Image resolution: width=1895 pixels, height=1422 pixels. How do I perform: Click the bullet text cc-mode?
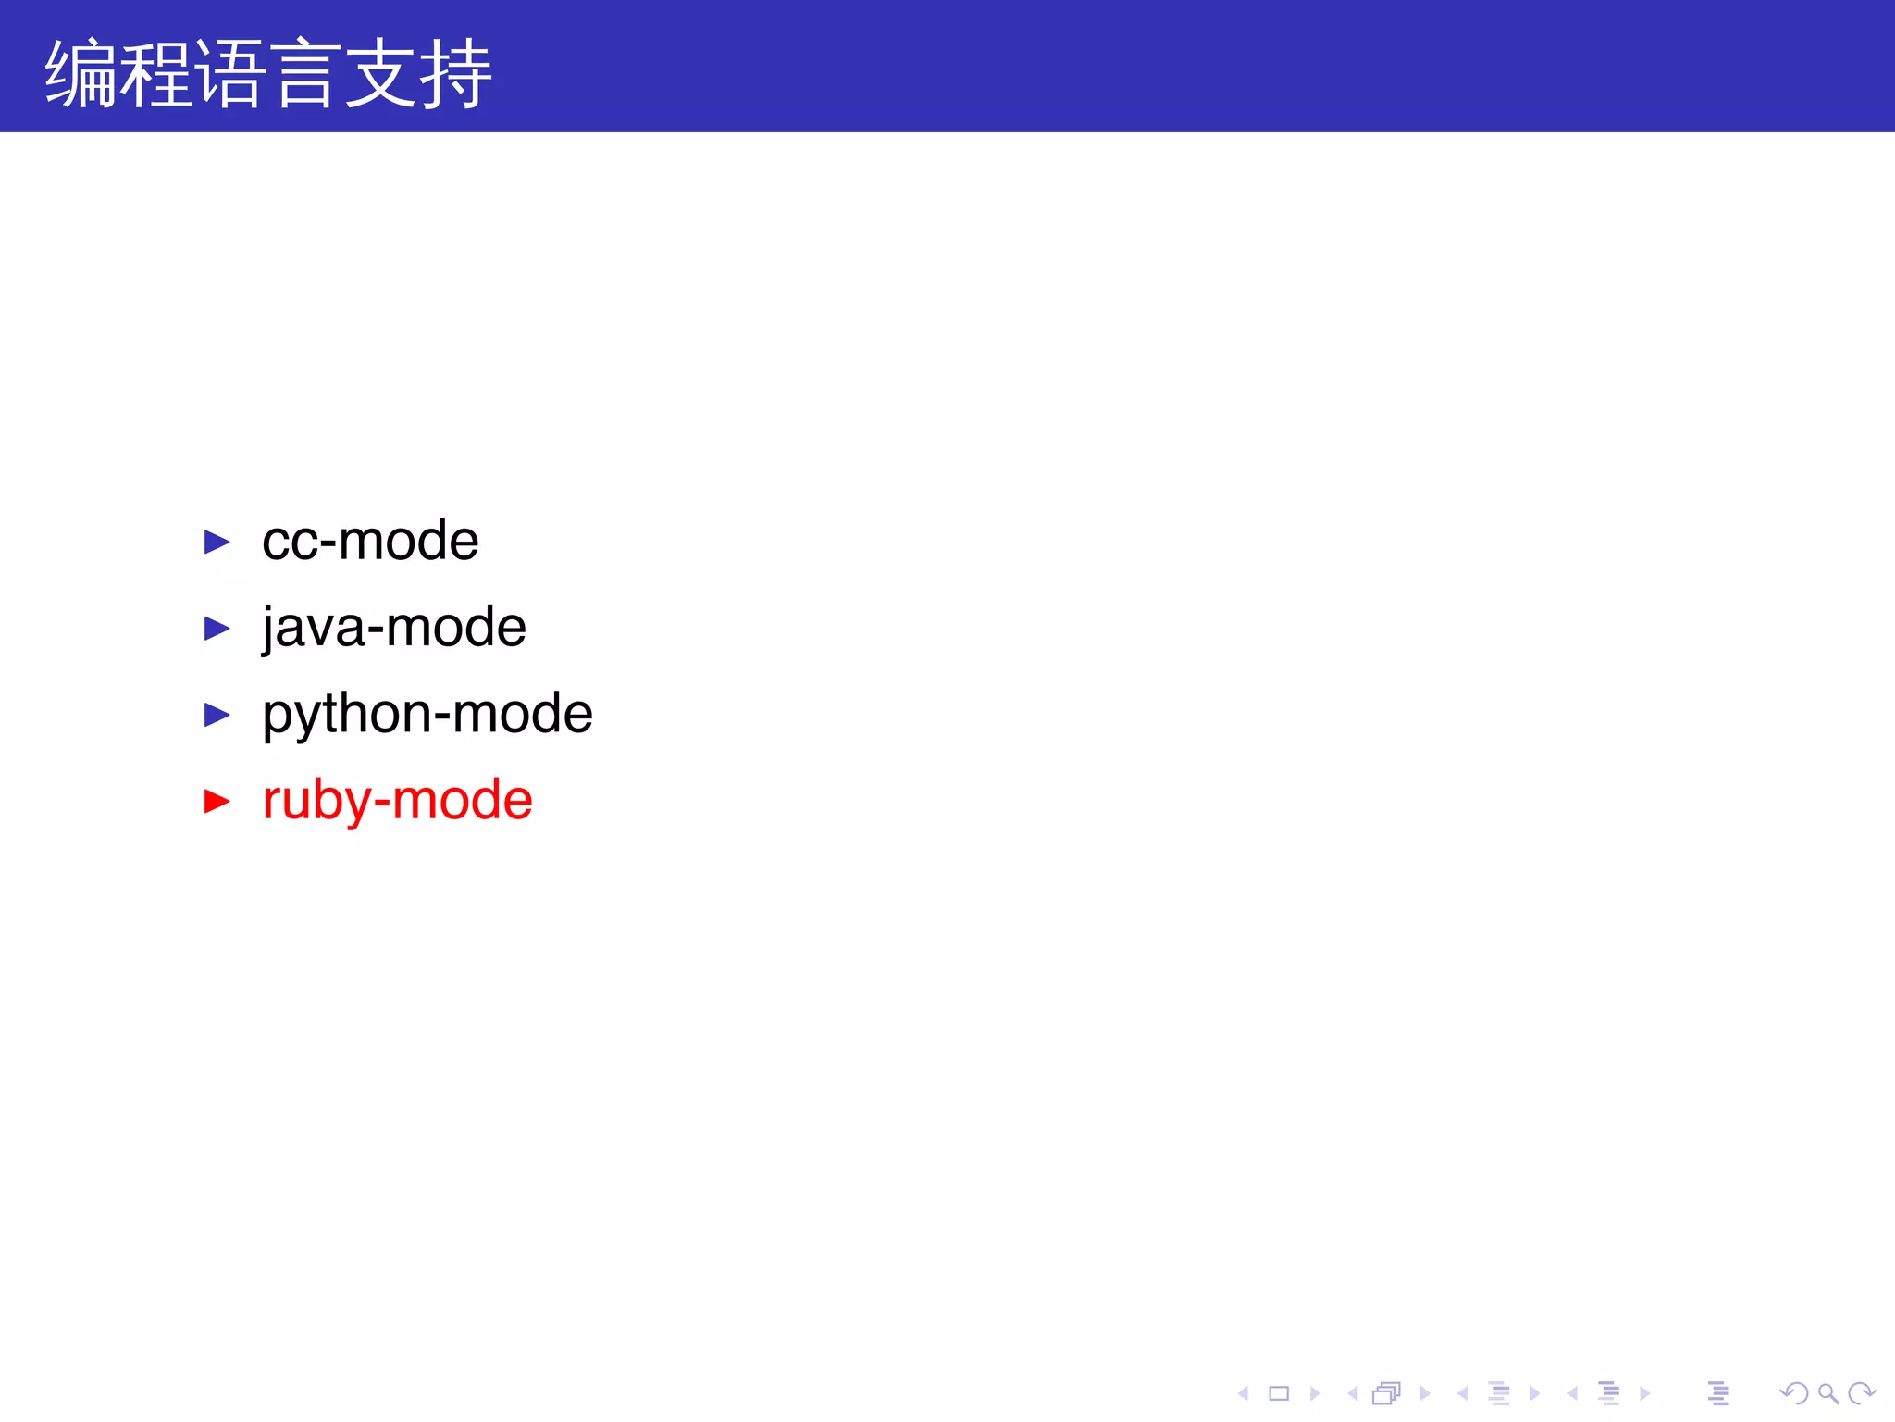coord(370,541)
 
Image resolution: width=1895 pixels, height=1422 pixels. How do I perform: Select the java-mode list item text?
coord(394,628)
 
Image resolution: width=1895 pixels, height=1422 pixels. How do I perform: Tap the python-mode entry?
coord(427,714)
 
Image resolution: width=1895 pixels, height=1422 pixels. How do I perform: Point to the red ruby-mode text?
coord(398,800)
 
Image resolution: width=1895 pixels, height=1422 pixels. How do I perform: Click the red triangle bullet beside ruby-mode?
coord(217,801)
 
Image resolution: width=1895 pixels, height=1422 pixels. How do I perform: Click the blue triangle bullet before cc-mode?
coord(217,542)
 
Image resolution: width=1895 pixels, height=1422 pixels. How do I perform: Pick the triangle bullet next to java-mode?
coord(217,629)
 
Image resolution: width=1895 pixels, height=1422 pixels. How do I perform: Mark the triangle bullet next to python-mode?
coord(217,715)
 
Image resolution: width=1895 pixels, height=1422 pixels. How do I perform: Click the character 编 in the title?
coord(81,74)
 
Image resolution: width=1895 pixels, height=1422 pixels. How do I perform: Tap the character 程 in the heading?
coord(156,74)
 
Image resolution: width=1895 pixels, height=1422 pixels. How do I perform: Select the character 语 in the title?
coord(230,74)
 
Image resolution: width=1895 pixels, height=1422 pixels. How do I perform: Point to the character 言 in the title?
coord(304,74)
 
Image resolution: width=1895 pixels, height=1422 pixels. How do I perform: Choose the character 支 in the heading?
coord(379,74)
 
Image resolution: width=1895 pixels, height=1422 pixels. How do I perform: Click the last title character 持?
coord(454,74)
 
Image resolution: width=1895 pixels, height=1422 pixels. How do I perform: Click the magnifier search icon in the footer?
coord(1827,1393)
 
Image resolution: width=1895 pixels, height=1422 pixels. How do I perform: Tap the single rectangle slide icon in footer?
coord(1279,1393)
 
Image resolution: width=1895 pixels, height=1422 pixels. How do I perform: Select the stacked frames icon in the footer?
coord(1386,1393)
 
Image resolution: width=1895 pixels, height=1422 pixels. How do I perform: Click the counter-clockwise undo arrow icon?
coord(1793,1393)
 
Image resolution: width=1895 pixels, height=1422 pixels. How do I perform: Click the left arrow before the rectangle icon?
coord(1244,1393)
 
